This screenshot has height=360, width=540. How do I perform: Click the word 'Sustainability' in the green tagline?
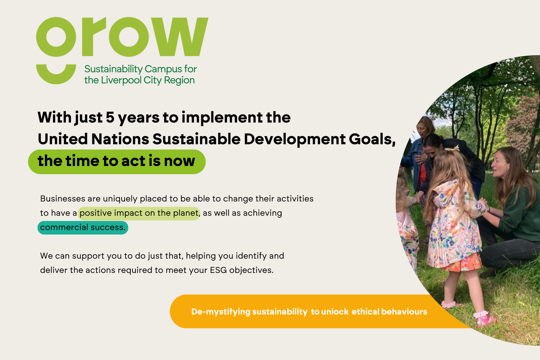[113, 69]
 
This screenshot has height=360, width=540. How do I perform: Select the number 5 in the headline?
[110, 117]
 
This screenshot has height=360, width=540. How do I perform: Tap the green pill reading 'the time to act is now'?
[117, 162]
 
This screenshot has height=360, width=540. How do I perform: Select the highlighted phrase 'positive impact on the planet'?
[139, 213]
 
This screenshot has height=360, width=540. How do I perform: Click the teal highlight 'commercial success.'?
[83, 228]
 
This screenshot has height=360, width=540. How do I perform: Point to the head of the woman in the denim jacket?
[426, 127]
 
